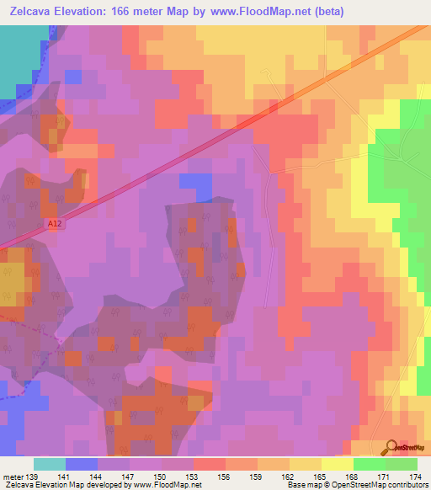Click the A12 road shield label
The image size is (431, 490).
tap(53, 222)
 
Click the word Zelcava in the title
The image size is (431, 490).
tap(30, 11)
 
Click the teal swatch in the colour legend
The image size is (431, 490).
tap(50, 464)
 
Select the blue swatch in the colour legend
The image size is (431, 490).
tap(82, 464)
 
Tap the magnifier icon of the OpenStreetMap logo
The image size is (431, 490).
tap(391, 446)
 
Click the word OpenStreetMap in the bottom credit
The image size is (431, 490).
tap(349, 484)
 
